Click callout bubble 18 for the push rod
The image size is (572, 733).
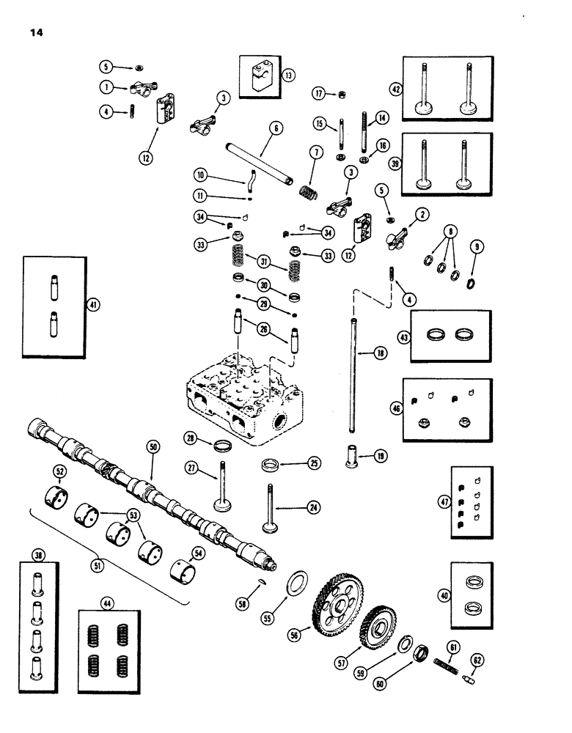pyautogui.click(x=379, y=353)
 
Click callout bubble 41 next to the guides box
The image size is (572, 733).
pyautogui.click(x=91, y=306)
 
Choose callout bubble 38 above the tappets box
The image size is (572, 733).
pyautogui.click(x=39, y=556)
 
